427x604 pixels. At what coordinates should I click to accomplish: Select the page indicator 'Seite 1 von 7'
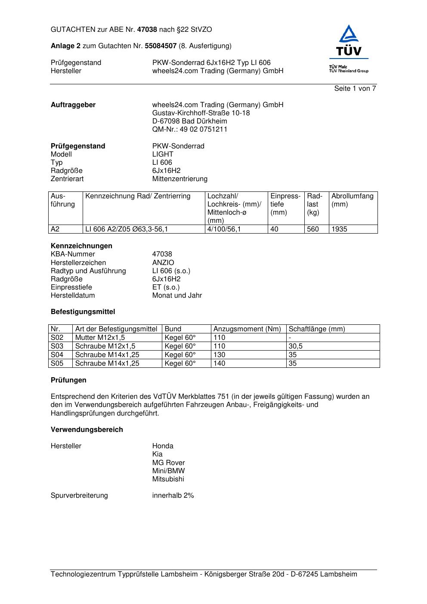click(x=355, y=89)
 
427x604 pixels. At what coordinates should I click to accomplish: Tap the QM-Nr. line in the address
click(x=189, y=129)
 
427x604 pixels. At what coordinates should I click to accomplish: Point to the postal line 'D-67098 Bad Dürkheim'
click(x=189, y=121)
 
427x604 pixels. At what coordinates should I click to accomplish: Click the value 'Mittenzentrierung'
click(x=179, y=179)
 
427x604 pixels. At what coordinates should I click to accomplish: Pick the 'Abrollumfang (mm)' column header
click(x=352, y=200)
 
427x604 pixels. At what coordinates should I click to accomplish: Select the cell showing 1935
click(x=339, y=229)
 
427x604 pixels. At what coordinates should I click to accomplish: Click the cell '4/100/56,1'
click(x=224, y=229)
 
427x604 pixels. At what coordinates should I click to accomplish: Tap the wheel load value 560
click(x=313, y=229)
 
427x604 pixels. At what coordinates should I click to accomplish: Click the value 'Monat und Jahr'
click(x=177, y=296)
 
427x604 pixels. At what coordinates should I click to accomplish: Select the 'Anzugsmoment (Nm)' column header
click(x=247, y=329)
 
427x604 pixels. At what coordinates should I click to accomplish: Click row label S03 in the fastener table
click(x=57, y=346)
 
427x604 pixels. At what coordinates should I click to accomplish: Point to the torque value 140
click(x=219, y=364)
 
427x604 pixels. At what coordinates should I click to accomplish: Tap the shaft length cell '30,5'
click(x=295, y=346)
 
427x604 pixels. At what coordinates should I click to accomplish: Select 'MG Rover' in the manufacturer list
click(x=168, y=463)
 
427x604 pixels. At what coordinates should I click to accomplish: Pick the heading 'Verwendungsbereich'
click(x=87, y=430)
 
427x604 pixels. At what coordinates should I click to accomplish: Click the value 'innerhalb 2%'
click(x=173, y=496)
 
